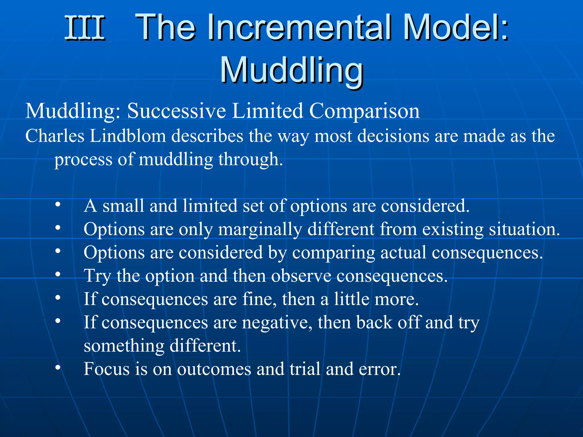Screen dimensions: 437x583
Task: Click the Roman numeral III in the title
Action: tap(85, 28)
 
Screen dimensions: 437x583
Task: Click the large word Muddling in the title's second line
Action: tap(291, 70)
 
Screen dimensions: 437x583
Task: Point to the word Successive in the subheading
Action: tap(176, 111)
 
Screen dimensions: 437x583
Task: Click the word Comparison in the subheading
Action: tap(364, 111)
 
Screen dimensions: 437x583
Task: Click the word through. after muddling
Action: tap(251, 159)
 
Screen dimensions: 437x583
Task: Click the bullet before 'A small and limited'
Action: tap(58, 205)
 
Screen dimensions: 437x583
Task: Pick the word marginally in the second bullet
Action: tap(260, 229)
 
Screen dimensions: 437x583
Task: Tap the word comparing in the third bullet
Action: tap(333, 253)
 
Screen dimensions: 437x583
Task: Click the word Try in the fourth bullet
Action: tap(97, 276)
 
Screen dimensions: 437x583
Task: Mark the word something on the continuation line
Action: tap(124, 346)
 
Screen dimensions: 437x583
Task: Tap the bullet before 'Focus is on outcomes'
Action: tap(58, 368)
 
